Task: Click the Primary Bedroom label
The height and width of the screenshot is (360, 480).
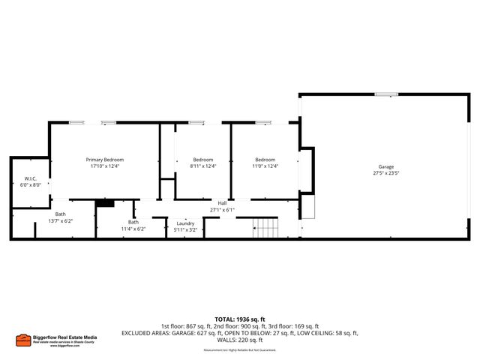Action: (104, 160)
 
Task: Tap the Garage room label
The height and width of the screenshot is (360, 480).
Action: (385, 166)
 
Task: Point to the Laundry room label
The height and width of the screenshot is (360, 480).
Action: (186, 223)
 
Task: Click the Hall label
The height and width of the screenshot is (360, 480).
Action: (222, 203)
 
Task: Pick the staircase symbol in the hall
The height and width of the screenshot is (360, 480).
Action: (265, 227)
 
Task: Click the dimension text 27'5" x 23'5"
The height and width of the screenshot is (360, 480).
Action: (385, 173)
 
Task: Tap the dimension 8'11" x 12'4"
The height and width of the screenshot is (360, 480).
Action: (203, 166)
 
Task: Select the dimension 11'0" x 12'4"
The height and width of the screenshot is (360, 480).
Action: (265, 166)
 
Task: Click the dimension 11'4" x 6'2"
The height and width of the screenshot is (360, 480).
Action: (133, 229)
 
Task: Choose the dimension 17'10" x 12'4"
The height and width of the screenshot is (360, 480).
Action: (104, 166)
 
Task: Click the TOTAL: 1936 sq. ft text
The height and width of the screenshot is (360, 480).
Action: (239, 319)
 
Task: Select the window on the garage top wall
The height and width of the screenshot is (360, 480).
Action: (386, 94)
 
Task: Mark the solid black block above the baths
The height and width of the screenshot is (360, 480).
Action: (104, 202)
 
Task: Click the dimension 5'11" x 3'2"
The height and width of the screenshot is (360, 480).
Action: (186, 230)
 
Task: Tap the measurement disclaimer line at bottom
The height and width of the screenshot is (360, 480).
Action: (239, 350)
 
